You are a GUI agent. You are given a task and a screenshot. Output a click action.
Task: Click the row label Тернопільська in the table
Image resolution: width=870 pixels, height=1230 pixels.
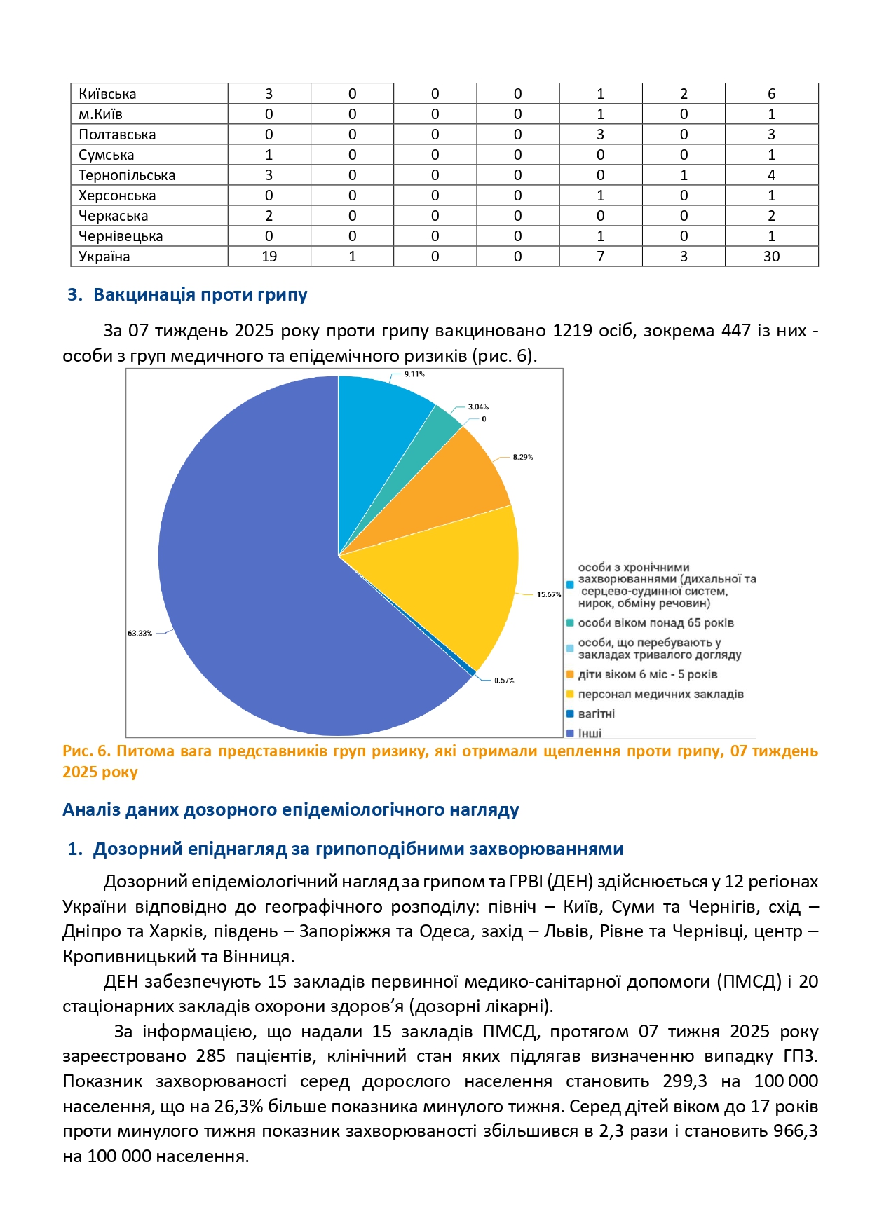click(x=127, y=175)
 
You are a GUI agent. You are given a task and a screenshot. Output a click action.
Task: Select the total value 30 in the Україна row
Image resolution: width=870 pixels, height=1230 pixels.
click(x=771, y=257)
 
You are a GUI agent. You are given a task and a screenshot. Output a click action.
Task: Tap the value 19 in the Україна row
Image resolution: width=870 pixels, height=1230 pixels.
click(x=269, y=257)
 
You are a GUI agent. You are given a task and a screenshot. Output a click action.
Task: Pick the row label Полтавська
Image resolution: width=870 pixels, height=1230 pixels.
click(x=117, y=135)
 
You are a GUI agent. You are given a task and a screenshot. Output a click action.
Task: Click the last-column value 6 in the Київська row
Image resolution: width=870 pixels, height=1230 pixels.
click(x=771, y=94)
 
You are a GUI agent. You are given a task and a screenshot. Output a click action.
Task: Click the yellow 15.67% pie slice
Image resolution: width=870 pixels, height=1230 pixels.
click(x=456, y=582)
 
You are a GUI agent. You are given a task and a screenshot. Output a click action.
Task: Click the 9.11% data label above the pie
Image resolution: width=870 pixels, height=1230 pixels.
click(x=414, y=374)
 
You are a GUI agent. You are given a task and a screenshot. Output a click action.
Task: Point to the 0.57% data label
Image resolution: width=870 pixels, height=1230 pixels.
click(x=504, y=681)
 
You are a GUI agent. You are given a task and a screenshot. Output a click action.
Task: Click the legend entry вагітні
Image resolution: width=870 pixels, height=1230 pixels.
click(x=596, y=713)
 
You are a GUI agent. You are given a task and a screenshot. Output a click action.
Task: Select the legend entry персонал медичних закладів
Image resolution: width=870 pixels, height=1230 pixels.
click(x=660, y=694)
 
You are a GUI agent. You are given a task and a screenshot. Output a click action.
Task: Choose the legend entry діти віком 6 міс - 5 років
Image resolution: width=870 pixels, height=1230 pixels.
click(x=647, y=674)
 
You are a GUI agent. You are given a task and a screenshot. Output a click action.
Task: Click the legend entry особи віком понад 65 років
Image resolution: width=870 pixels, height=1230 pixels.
click(x=655, y=622)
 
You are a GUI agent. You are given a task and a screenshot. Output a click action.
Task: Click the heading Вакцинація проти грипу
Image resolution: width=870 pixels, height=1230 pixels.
click(x=200, y=294)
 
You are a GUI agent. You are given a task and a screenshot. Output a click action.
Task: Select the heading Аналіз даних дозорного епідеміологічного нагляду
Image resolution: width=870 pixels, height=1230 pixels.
click(x=291, y=810)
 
